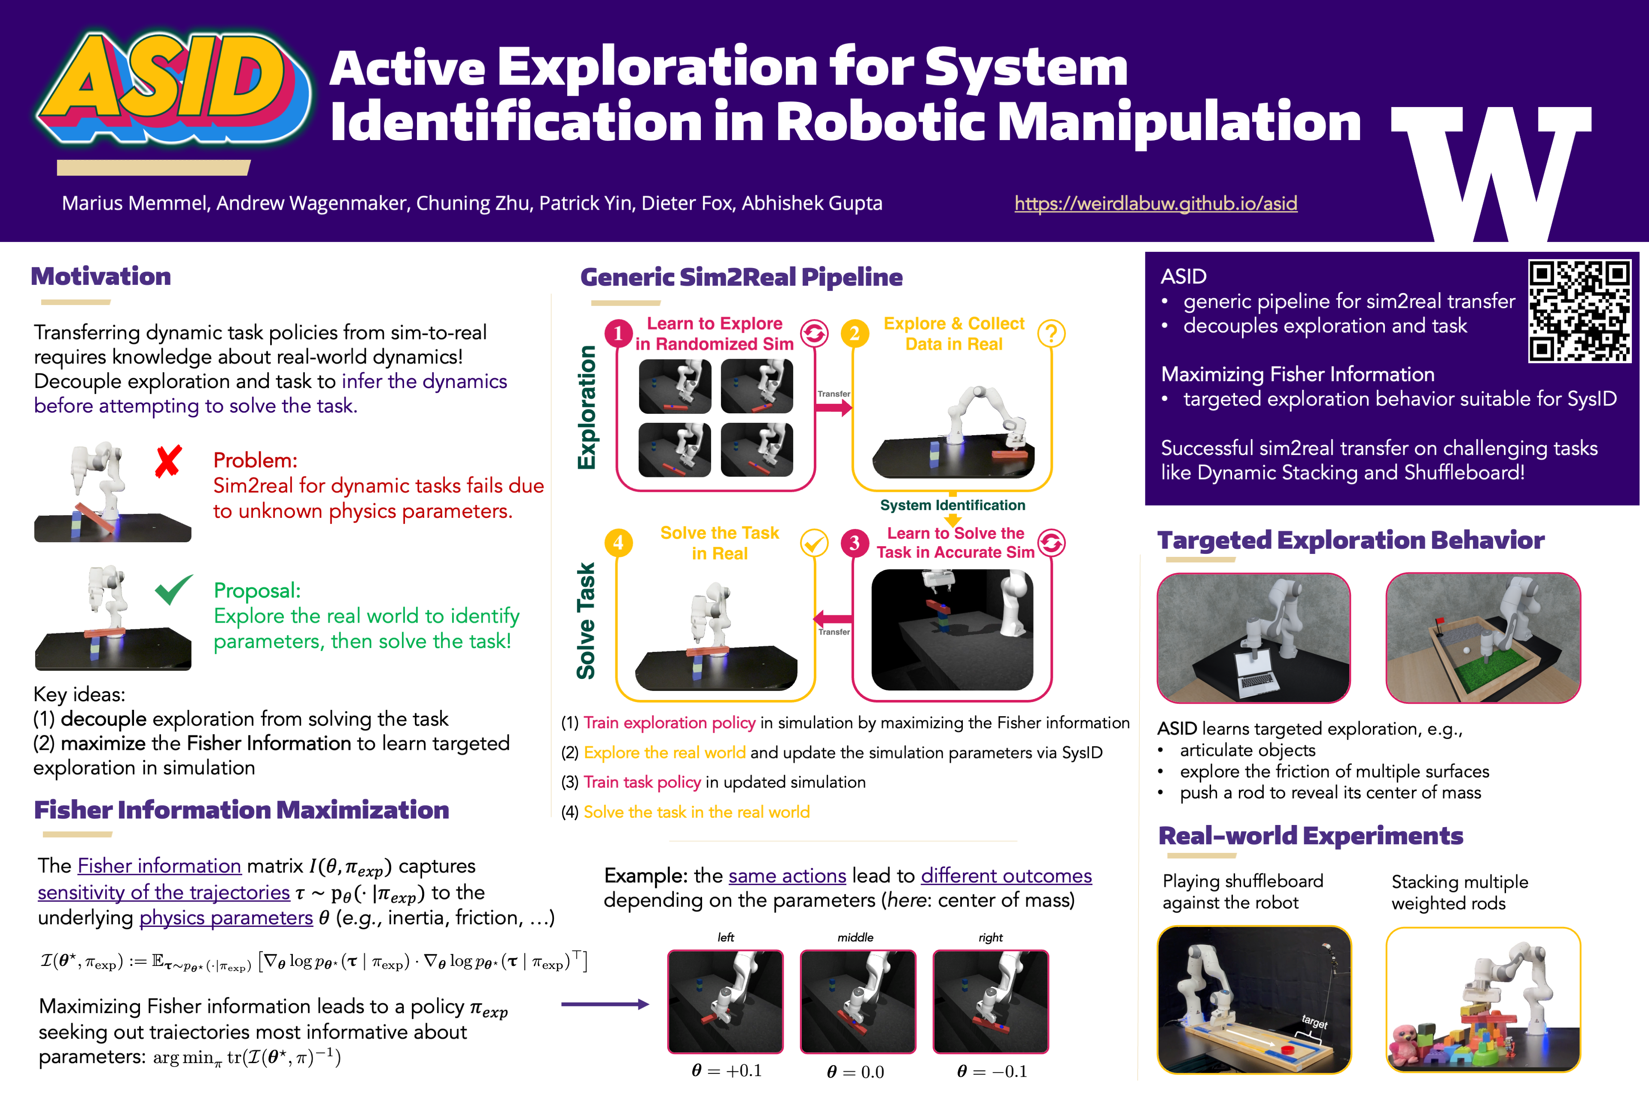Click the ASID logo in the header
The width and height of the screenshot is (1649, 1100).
pos(172,88)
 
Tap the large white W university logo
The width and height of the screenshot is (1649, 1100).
pos(1490,172)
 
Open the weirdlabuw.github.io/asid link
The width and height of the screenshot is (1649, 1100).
pos(1156,203)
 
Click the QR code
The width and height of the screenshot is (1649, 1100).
pos(1579,311)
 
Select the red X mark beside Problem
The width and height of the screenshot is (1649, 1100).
pos(168,461)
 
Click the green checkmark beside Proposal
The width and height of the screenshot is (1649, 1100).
pos(173,589)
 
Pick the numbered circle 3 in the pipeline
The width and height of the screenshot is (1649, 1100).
pos(854,542)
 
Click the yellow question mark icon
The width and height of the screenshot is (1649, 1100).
pos(1051,333)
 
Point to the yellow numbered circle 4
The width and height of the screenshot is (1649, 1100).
pos(618,542)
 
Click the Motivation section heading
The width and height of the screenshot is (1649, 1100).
pos(101,276)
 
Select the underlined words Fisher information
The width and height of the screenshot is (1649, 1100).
pos(159,866)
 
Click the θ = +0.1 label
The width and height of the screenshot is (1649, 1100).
pos(726,1070)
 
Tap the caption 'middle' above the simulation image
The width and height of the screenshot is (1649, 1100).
pos(855,937)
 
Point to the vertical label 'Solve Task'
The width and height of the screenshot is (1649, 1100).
pos(586,621)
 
